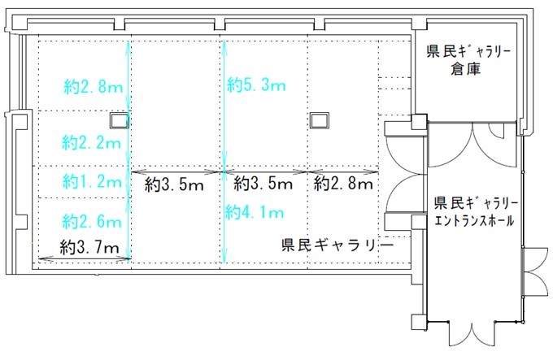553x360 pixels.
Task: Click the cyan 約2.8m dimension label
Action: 93,86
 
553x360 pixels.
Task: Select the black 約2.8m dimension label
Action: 343,184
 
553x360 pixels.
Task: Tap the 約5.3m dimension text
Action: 256,85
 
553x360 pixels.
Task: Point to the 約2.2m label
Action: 91,142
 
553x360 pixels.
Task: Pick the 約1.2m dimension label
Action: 92,181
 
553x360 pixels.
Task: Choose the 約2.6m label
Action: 92,221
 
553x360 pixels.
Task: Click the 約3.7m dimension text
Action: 89,247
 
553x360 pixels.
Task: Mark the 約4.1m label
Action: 255,212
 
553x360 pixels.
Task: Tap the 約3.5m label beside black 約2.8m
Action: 263,184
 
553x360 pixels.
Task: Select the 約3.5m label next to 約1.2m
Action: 174,184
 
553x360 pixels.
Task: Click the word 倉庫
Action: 465,69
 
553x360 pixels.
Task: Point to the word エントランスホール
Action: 475,221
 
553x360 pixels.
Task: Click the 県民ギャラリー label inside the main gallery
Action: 337,245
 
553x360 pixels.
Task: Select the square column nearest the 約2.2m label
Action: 120,121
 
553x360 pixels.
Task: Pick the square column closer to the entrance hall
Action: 320,121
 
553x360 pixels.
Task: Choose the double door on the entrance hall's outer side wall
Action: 535,271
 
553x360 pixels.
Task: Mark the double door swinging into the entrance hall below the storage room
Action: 472,145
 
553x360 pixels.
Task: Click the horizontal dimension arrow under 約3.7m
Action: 85,259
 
